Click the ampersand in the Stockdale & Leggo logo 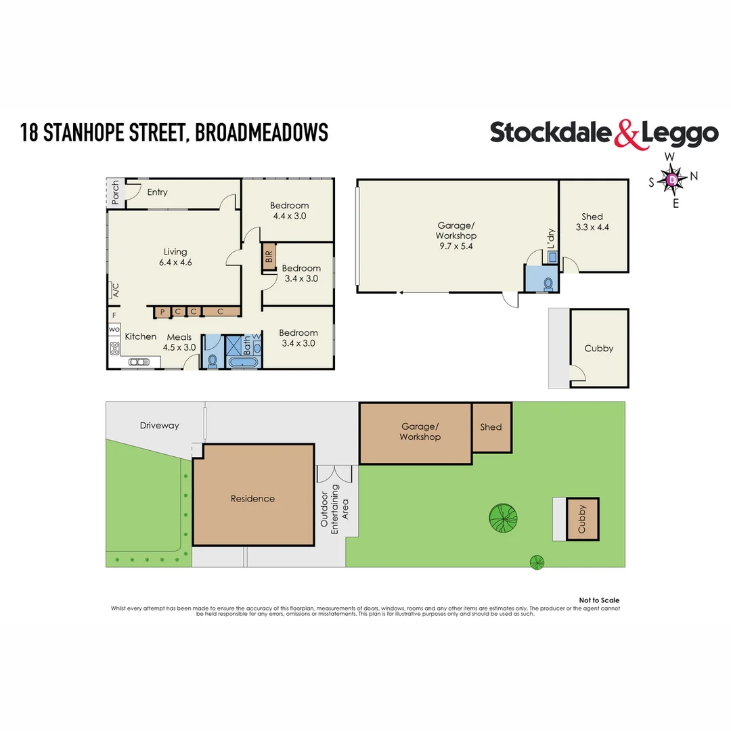pos(627,134)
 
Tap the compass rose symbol pos(671,179)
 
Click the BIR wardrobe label pos(269,257)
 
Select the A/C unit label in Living pos(115,290)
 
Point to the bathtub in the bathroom pos(243,363)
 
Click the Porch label pos(116,192)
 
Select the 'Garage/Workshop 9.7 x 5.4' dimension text pos(456,236)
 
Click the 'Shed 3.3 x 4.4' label pos(592,222)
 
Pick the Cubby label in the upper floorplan pos(598,348)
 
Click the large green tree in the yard pos(503,519)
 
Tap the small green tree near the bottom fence pos(537,561)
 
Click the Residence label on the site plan pos(252,499)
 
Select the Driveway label pos(160,426)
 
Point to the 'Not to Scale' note pos(599,600)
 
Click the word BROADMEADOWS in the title pos(261,133)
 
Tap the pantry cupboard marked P pos(162,312)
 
